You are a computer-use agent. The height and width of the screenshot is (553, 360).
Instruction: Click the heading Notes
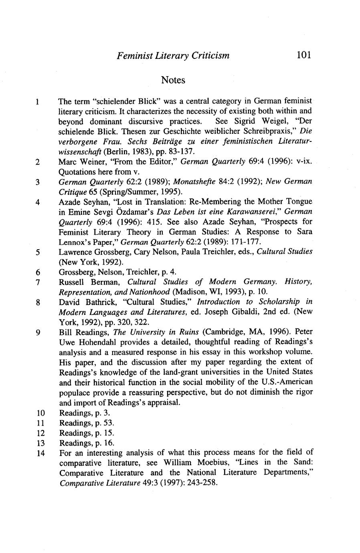coord(173,80)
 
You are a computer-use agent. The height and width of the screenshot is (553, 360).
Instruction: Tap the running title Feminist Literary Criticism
coord(173,56)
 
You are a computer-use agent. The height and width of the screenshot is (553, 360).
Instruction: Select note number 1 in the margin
coord(36,101)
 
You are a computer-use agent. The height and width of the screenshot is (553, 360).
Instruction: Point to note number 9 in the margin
coord(37,333)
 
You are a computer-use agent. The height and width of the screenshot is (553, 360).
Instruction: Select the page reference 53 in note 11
coord(109,423)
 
